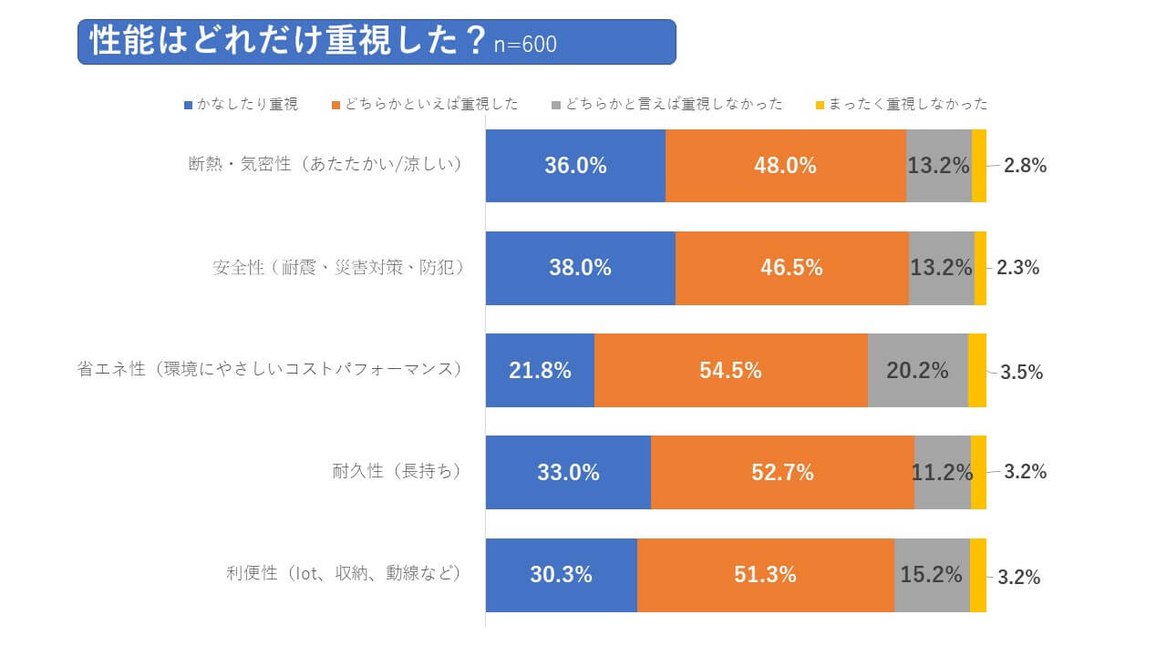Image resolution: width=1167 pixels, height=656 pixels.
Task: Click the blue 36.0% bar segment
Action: pyautogui.click(x=575, y=166)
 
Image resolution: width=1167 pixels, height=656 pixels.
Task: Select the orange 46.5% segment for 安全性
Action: pyautogui.click(x=791, y=268)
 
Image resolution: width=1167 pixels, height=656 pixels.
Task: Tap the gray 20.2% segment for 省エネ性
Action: pyautogui.click(x=917, y=370)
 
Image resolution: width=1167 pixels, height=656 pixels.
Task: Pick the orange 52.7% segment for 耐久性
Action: pyautogui.click(x=782, y=472)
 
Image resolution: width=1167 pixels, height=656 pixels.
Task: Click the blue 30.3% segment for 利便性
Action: pyautogui.click(x=561, y=575)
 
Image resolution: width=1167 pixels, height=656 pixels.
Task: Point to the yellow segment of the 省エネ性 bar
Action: pyautogui.click(x=976, y=370)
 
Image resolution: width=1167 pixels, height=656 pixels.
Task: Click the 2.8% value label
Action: pyautogui.click(x=1025, y=166)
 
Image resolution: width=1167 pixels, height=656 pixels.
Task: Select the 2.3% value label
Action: pyautogui.click(x=1018, y=268)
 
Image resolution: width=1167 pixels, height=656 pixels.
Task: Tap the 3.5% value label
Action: pyautogui.click(x=1021, y=372)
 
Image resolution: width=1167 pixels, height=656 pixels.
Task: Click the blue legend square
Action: pyautogui.click(x=189, y=105)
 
